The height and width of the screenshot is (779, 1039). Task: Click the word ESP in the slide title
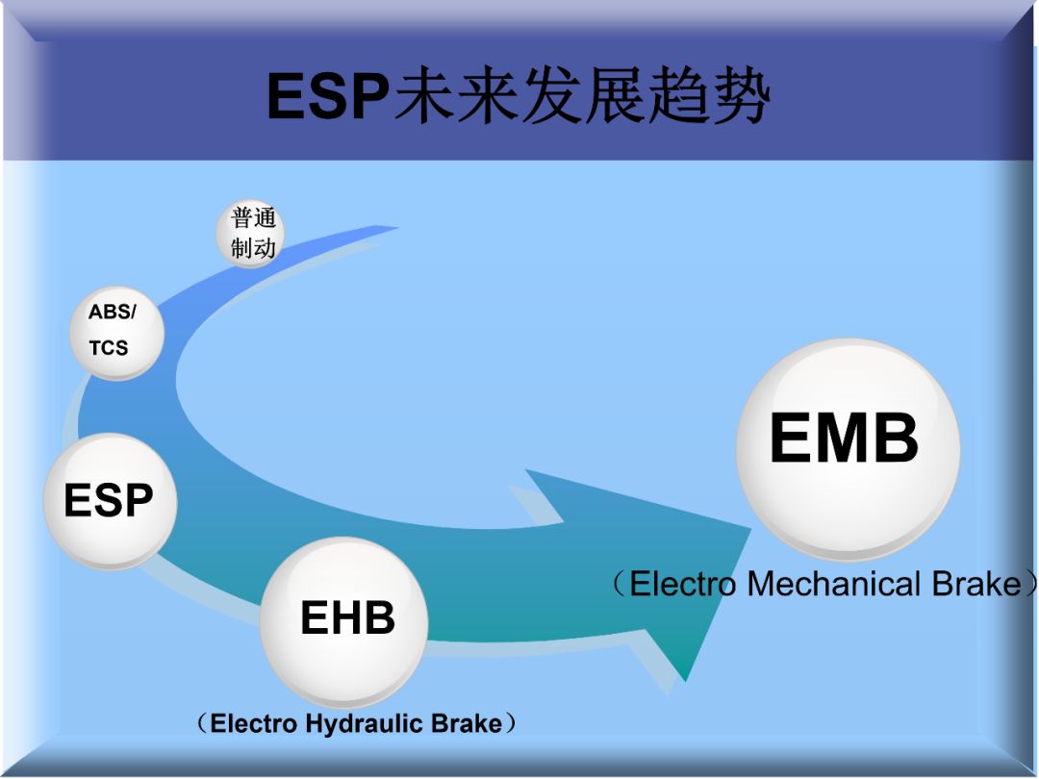point(327,96)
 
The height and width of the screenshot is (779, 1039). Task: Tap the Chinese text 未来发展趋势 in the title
point(583,96)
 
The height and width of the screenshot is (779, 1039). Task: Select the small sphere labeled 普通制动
point(251,234)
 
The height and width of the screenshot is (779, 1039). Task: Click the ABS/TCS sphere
point(115,333)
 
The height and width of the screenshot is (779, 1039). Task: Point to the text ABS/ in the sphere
point(113,313)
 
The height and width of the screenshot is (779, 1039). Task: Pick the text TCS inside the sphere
point(109,348)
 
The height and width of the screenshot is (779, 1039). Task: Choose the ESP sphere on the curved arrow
point(109,501)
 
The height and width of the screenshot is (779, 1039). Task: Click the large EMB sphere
point(847,448)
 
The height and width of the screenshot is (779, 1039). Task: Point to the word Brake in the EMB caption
point(976,584)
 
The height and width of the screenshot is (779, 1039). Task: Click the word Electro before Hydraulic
point(255,723)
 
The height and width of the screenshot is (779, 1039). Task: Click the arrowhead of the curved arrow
point(673,577)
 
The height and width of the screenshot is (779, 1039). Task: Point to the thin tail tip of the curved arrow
point(390,229)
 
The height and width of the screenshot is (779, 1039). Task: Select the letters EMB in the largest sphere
point(844,440)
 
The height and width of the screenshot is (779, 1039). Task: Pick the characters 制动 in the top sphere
point(253,248)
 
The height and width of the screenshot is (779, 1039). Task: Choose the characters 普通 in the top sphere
point(253,219)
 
